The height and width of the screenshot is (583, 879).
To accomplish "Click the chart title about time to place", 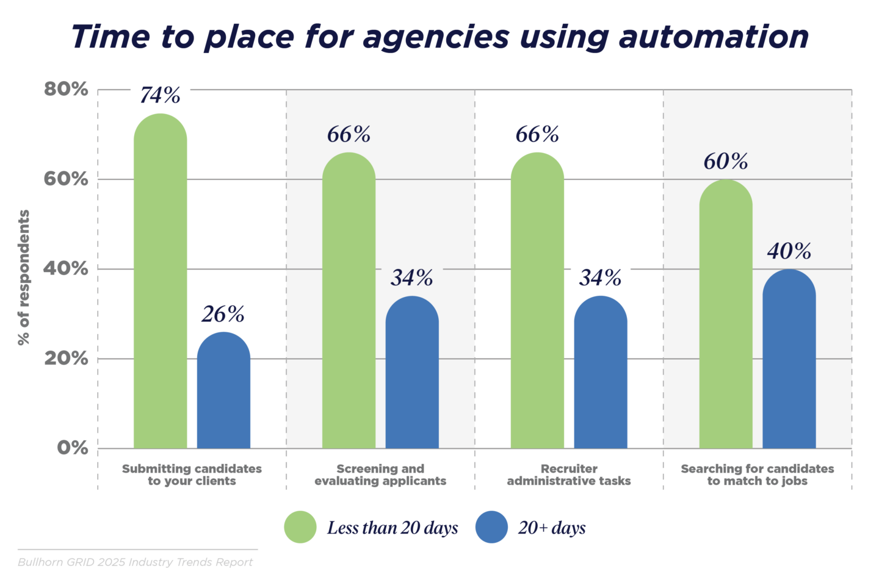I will pos(440,37).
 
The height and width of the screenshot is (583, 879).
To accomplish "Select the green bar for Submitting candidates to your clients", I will pos(160,287).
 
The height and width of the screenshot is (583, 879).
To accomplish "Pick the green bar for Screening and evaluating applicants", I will pos(349,305).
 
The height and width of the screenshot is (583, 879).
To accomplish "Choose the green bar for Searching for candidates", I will pos(726,317).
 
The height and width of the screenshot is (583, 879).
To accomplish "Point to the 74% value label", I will pos(160,96).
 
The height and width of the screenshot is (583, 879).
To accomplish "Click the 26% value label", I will pos(223,315).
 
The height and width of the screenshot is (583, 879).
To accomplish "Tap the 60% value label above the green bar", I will pos(726,162).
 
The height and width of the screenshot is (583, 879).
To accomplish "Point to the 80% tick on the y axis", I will pos(66,90).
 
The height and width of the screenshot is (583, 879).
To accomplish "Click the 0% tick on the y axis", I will pos(72,448).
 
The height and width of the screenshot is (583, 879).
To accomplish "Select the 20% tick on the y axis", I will pos(66,359).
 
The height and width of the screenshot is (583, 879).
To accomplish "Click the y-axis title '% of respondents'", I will pos(24,277).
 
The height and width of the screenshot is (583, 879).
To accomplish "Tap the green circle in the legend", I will pos(300,528).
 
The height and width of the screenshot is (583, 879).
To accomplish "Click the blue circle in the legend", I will pos(491,528).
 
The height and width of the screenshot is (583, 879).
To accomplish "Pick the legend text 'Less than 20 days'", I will pos(392,528).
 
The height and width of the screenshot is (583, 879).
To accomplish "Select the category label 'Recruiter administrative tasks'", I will pos(569,475).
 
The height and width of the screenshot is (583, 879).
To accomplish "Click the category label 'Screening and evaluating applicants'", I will pos(380,475).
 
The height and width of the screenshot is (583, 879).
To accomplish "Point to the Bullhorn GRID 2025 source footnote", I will pos(135,562).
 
